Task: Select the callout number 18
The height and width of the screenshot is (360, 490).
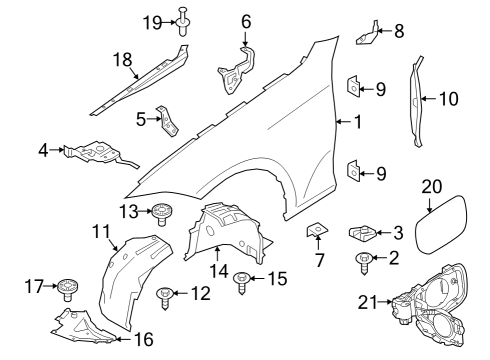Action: pos(123,60)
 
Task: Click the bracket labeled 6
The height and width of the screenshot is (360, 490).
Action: pos(236,68)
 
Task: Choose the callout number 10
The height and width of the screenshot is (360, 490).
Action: pos(449,98)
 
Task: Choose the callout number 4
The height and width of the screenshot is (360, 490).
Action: pos(43,151)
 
